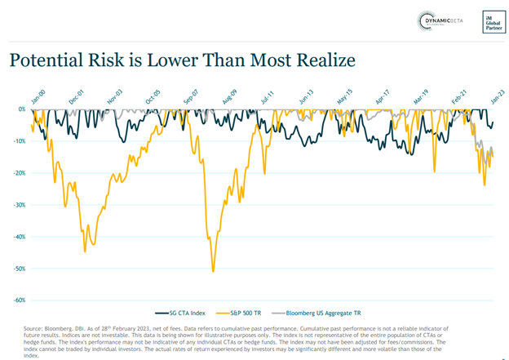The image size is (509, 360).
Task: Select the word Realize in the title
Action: coord(322,60)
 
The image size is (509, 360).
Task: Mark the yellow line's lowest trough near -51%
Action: coord(213,271)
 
